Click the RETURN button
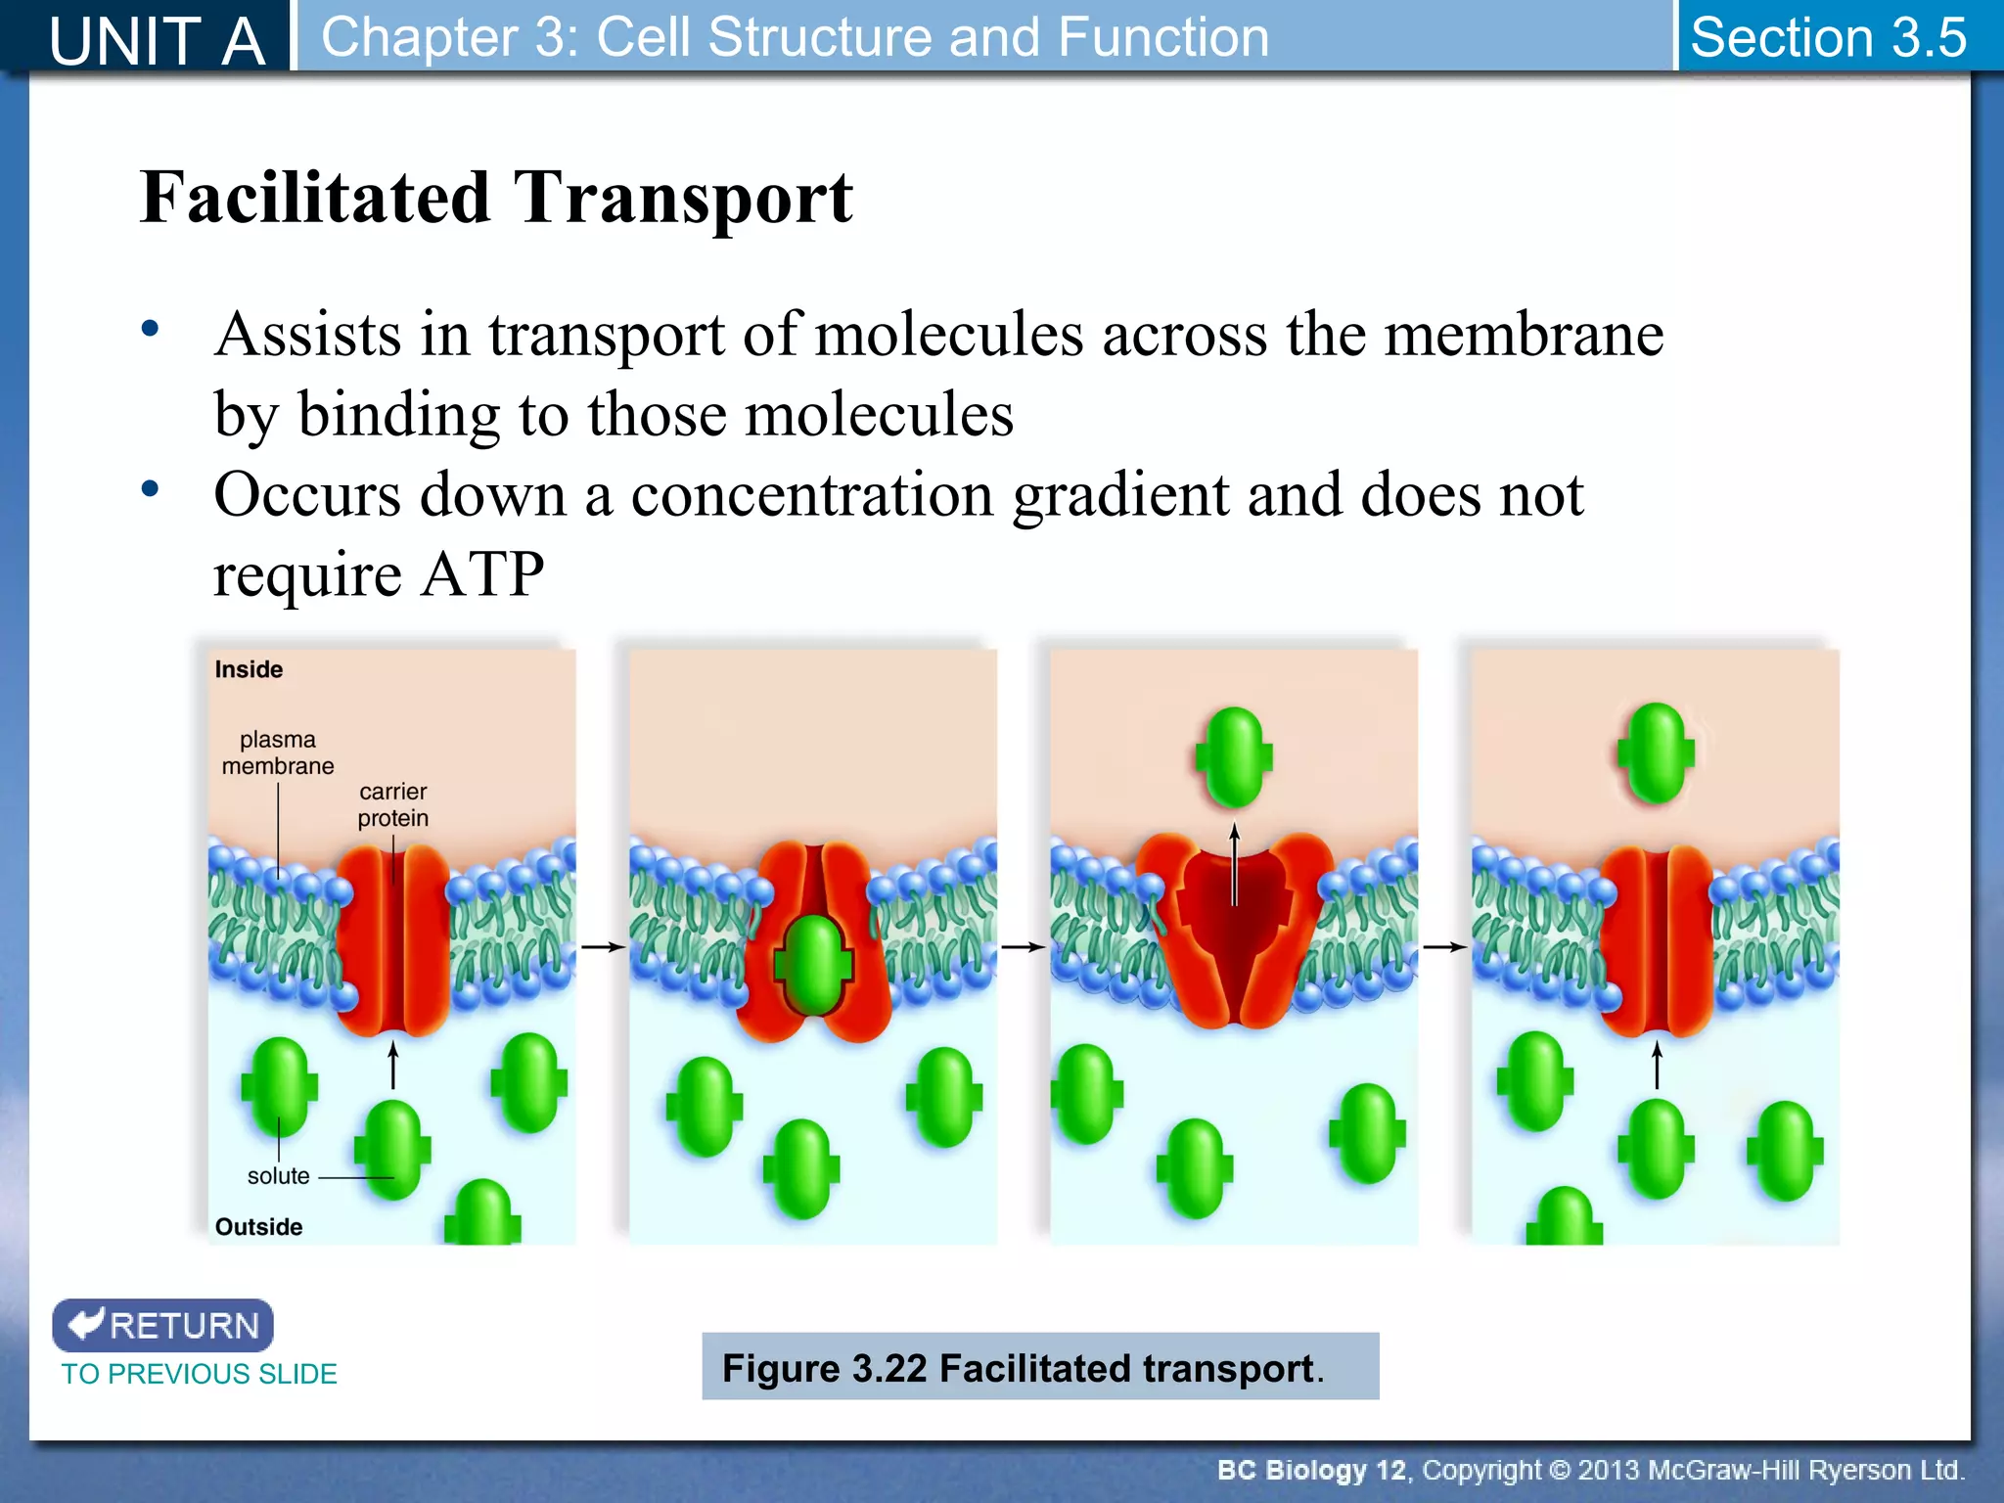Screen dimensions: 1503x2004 point(162,1325)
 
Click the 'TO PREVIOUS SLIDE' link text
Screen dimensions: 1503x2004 point(199,1374)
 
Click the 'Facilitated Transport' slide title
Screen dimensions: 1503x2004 point(496,198)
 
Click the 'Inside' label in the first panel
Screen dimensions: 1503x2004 point(249,669)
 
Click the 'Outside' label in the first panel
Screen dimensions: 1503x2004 point(258,1227)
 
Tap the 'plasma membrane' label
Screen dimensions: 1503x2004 point(278,752)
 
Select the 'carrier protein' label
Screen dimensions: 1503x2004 point(392,804)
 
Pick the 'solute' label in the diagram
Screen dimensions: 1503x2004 point(278,1176)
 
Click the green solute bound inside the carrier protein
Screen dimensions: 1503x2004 point(813,964)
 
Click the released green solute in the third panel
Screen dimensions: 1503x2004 point(1234,756)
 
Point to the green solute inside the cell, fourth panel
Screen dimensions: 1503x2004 point(1656,752)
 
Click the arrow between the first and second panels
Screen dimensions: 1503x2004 point(603,947)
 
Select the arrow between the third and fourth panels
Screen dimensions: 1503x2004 point(1444,947)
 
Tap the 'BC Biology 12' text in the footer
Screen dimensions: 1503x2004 point(1311,1470)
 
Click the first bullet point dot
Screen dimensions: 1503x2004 point(150,329)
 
